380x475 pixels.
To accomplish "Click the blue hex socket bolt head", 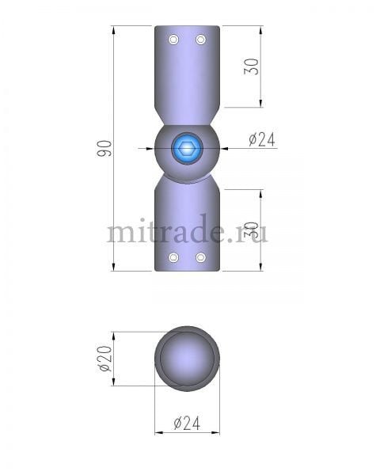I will coord(187,147).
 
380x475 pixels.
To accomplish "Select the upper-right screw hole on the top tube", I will coord(200,40).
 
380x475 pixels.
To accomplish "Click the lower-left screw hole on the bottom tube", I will coord(174,257).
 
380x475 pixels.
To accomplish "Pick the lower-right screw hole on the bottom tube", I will coord(200,257).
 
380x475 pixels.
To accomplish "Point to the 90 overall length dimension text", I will coord(104,148).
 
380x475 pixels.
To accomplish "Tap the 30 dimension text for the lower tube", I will coord(252,230).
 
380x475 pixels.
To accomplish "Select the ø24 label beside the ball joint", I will coord(261,140).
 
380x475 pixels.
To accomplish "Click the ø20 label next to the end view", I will coord(103,358).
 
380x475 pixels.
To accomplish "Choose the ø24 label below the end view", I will coord(186,424).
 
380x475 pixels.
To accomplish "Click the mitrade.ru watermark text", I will coord(187,232).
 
